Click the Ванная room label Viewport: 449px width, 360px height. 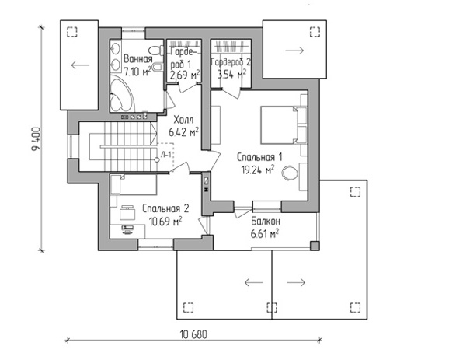pos(138,59)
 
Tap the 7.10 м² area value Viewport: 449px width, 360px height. pos(137,72)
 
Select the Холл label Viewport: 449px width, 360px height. pos(184,120)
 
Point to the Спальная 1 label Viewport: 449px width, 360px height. pos(259,157)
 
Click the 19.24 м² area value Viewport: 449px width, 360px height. pos(258,170)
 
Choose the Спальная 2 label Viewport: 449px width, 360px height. pos(165,208)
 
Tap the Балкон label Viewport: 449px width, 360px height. pos(266,222)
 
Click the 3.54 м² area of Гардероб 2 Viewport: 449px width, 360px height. pos(231,75)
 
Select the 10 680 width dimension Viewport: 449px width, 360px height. pos(193,334)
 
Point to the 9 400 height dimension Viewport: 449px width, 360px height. pos(37,139)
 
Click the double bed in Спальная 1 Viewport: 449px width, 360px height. pos(284,125)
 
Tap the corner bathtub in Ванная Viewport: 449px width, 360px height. pos(121,94)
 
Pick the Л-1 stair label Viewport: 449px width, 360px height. pos(166,155)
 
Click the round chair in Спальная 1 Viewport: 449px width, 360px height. pos(290,173)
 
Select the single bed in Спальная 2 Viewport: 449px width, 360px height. pos(134,184)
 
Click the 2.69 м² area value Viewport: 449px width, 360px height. pos(185,75)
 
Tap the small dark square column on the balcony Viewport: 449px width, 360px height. pos(315,246)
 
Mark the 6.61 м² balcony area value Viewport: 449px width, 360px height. pos(265,234)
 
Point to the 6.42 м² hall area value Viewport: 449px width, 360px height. pos(183,132)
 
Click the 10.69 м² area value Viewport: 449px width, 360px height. pos(165,221)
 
